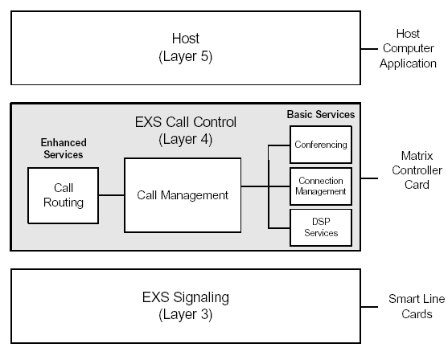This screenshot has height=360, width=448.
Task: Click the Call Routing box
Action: click(x=64, y=194)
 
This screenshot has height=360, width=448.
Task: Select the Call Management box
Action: click(x=183, y=195)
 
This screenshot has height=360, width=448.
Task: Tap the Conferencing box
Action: click(x=321, y=145)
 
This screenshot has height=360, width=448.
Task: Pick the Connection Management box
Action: click(x=321, y=186)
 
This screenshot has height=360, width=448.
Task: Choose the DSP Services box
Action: click(x=321, y=227)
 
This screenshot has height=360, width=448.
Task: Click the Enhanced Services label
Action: click(x=62, y=149)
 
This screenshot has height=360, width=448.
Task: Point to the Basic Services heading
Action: click(x=320, y=115)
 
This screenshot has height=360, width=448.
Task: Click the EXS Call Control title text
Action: click(x=186, y=123)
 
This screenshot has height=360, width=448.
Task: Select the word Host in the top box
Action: click(x=186, y=38)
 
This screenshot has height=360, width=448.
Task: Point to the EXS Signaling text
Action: click(x=186, y=298)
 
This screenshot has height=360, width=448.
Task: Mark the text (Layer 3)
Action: click(x=186, y=314)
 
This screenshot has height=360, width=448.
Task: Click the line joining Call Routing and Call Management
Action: click(x=112, y=195)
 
